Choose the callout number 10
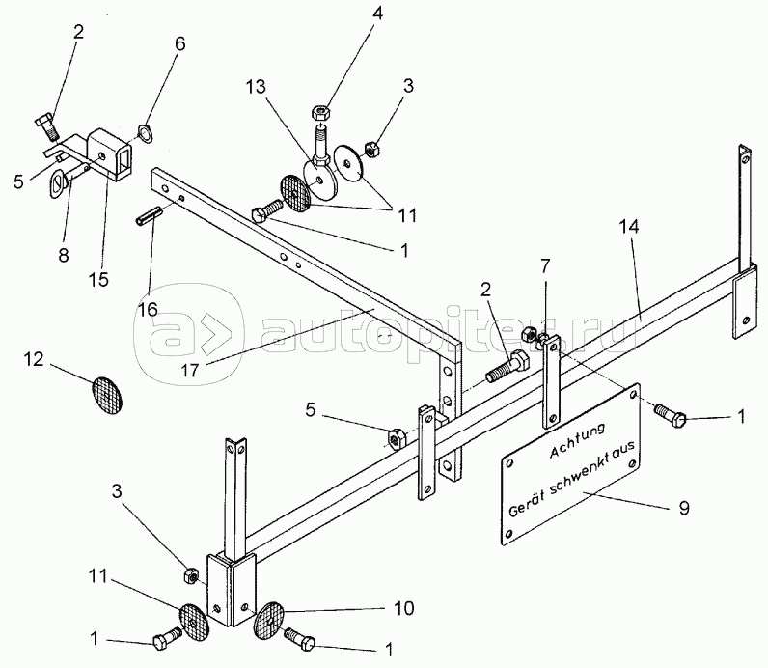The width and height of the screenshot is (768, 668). click(x=402, y=609)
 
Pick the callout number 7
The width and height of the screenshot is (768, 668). click(x=546, y=265)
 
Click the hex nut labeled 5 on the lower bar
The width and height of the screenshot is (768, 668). click(x=394, y=437)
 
